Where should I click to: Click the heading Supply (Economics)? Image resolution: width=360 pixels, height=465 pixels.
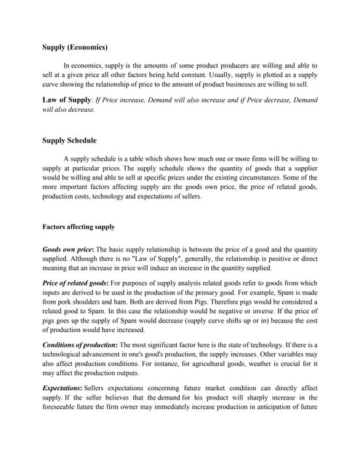coord(76,47)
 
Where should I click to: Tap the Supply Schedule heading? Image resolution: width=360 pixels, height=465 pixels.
coord(70,139)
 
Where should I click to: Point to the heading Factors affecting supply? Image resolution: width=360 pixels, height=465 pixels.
coord(79,227)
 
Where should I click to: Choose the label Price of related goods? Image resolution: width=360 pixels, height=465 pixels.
coord(75,282)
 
